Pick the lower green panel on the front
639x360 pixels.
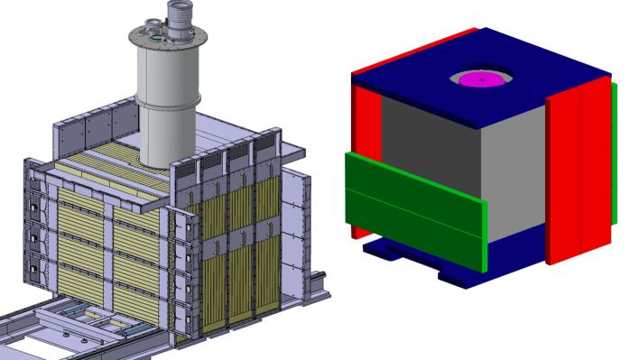411,226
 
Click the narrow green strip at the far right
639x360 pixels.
615,153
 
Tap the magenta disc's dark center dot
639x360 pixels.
481,80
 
